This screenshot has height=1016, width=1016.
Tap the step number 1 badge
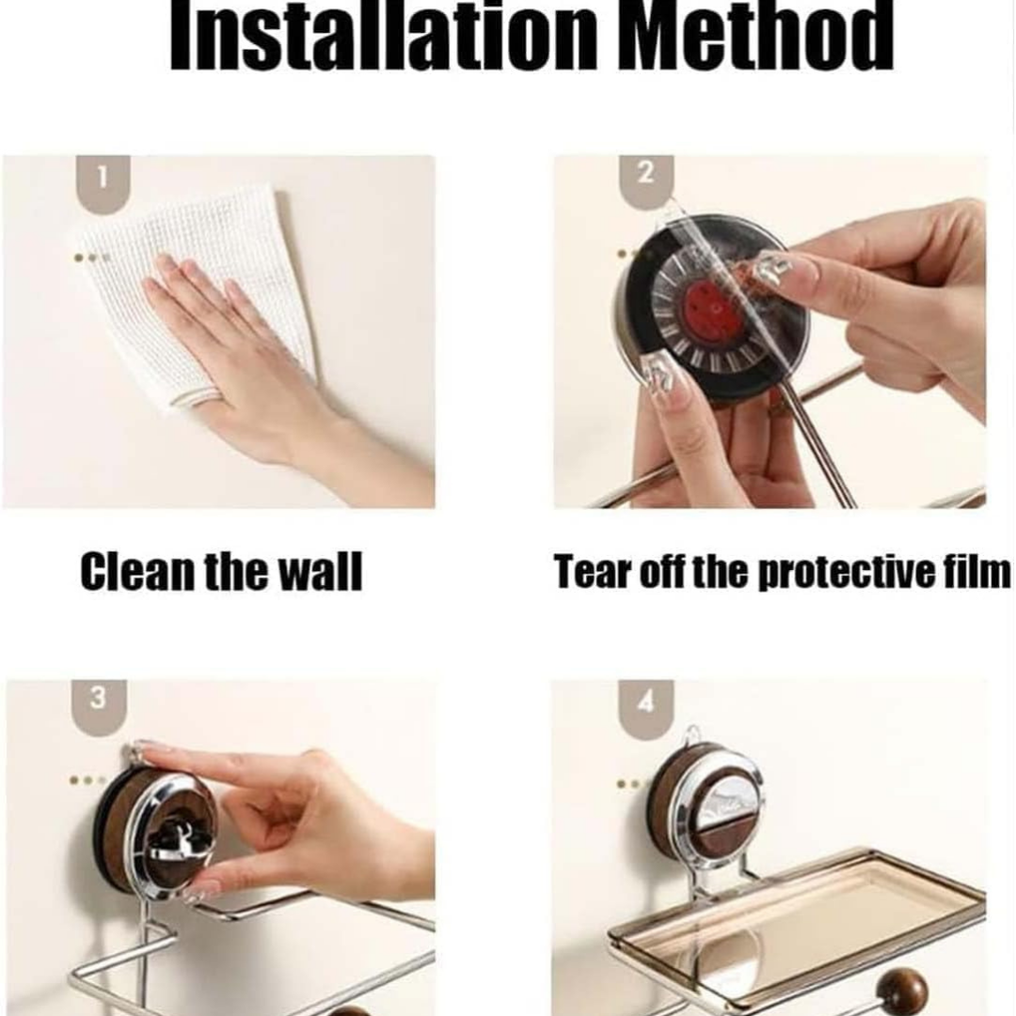103,183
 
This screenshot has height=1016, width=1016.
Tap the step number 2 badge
646,183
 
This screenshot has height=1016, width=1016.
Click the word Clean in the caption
137,571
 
